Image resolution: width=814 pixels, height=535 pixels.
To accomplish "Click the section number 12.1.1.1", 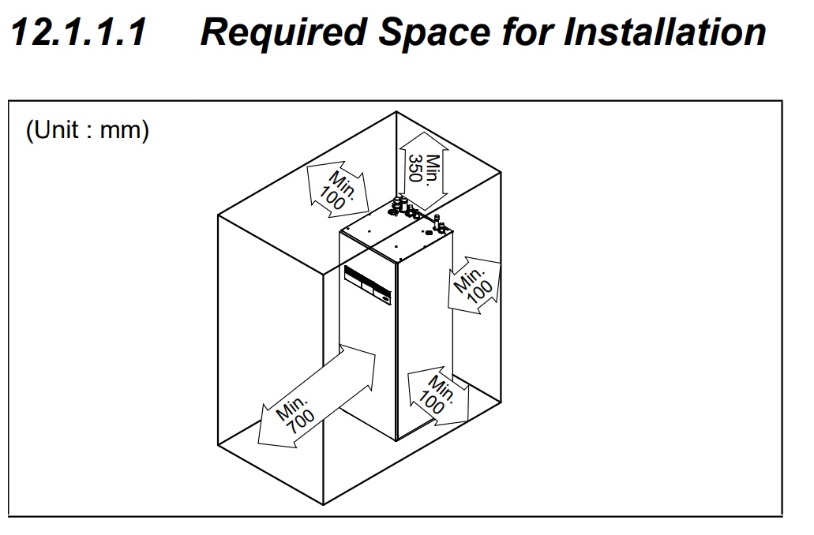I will tap(78, 33).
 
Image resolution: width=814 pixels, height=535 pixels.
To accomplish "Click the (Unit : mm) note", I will tap(88, 130).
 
